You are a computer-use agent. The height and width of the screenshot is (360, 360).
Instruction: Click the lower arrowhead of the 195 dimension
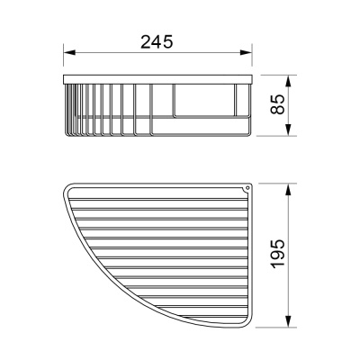pos(288,325)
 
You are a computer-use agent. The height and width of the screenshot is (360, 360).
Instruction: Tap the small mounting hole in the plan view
pos(247,188)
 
